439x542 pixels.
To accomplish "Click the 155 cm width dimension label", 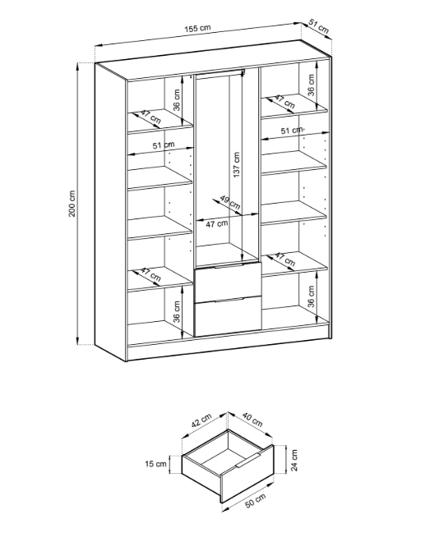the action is pyautogui.click(x=196, y=28).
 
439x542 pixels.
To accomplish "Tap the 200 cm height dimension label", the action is pyautogui.click(x=72, y=204).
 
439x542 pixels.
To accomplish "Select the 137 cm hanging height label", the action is pyautogui.click(x=236, y=165).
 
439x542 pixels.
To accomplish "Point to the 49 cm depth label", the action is pyautogui.click(x=230, y=203).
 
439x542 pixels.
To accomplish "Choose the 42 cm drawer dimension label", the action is pyautogui.click(x=201, y=420).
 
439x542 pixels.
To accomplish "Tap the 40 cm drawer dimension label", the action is pyautogui.click(x=252, y=420).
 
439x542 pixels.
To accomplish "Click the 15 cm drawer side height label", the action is pyautogui.click(x=155, y=463).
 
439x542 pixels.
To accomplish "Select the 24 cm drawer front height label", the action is pyautogui.click(x=294, y=460).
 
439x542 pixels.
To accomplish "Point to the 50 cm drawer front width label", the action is pyautogui.click(x=256, y=501).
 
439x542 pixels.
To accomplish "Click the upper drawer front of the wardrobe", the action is pyautogui.click(x=228, y=282).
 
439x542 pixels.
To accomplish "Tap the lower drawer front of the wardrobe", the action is pyautogui.click(x=228, y=316).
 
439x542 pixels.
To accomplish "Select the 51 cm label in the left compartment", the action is pyautogui.click(x=164, y=145).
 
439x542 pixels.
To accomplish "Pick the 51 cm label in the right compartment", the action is pyautogui.click(x=292, y=131).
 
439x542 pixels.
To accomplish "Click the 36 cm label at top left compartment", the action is pyautogui.click(x=177, y=100).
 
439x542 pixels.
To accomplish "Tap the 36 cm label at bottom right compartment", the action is pyautogui.click(x=311, y=296).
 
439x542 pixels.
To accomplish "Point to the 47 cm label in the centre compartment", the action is pyautogui.click(x=217, y=224).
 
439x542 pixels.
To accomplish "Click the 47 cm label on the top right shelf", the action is pyautogui.click(x=284, y=102).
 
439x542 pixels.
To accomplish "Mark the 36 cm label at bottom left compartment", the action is pyautogui.click(x=177, y=312).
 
